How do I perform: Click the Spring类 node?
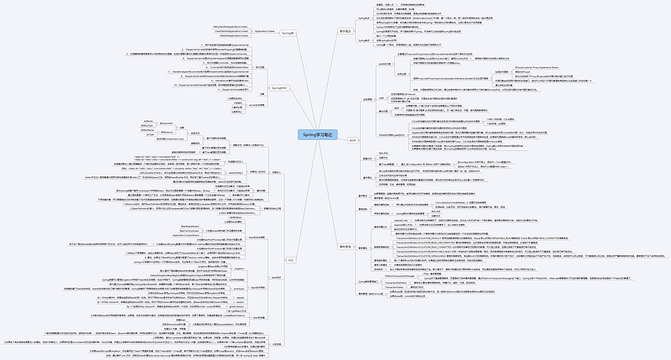[287, 32]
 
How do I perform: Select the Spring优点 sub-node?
[398, 18]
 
